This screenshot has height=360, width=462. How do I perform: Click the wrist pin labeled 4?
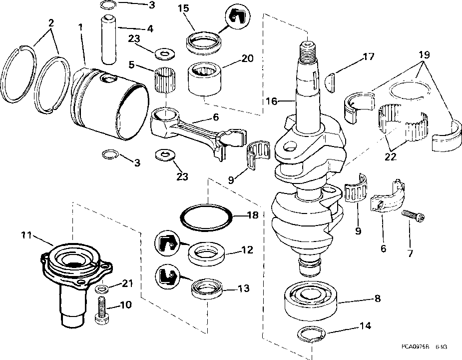point(109,39)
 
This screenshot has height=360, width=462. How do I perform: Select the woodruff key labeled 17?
point(331,83)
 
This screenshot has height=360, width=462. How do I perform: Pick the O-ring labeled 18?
point(206,217)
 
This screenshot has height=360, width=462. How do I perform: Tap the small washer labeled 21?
point(101,288)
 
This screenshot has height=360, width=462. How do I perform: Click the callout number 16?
point(271,101)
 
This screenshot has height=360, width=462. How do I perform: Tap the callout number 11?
point(26,235)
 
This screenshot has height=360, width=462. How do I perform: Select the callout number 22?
point(391,156)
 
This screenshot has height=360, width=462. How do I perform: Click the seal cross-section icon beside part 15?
point(237,17)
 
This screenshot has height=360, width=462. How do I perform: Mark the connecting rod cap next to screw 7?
point(388,197)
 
